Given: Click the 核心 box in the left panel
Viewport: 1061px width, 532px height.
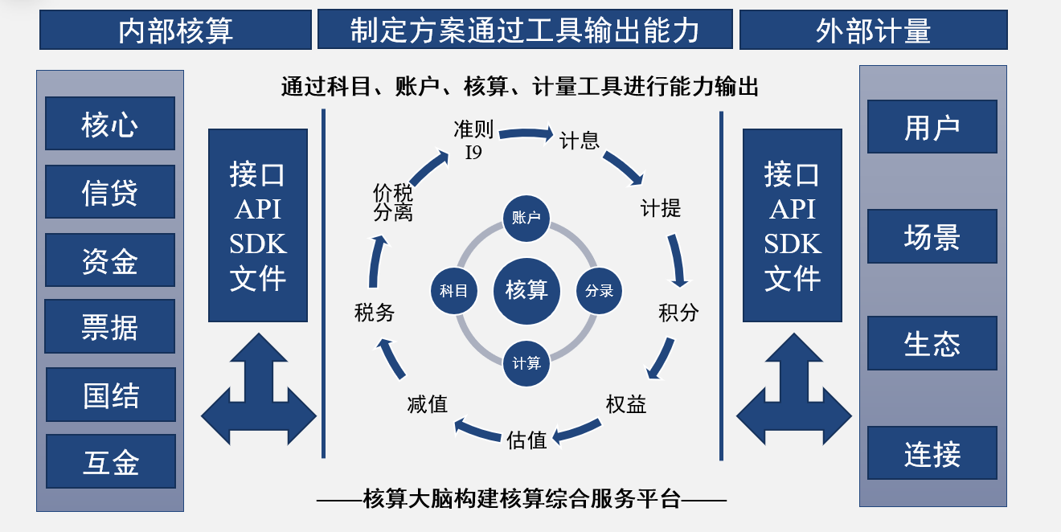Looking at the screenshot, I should click(110, 124).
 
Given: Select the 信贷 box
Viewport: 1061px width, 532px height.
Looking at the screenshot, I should click(110, 192).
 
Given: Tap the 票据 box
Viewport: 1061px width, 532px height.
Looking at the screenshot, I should click(110, 326).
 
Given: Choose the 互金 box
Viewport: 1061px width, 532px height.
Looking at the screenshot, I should click(111, 461).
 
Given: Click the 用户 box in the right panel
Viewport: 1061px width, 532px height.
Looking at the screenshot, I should click(932, 127).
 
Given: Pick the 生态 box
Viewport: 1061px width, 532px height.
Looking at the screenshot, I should click(932, 343).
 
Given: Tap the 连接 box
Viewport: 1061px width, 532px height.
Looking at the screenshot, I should click(932, 453).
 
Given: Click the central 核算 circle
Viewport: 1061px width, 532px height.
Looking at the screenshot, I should click(526, 289).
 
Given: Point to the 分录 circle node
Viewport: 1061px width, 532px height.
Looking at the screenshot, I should click(600, 290).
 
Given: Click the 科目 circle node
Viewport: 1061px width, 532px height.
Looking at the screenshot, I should click(453, 290).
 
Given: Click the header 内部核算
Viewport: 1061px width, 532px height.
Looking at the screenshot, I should click(175, 31).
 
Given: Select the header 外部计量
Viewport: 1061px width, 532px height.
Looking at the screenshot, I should click(873, 31).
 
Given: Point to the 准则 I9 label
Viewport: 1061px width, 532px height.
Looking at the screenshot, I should click(473, 140).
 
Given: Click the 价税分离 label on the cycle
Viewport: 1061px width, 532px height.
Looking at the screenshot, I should click(393, 203).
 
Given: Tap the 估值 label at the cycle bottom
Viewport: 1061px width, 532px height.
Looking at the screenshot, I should click(527, 439).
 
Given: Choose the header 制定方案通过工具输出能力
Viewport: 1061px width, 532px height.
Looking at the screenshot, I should click(525, 31).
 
